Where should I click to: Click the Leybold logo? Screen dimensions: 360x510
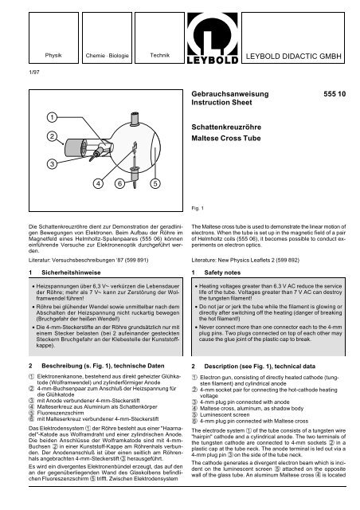pos(213,37)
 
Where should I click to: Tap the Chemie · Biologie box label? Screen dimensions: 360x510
pos(107,56)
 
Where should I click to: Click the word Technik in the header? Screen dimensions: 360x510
pos(159,55)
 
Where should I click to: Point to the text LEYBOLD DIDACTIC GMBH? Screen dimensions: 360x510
pos(293,56)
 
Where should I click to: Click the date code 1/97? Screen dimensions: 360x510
pos(34,73)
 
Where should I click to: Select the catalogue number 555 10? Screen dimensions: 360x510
pos(335,94)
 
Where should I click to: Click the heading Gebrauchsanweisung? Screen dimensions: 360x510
pos(230,94)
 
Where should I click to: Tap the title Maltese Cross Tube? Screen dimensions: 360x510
pos(226,138)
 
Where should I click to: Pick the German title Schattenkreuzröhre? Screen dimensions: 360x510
pos(226,127)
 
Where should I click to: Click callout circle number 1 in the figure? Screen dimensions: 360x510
pos(52,117)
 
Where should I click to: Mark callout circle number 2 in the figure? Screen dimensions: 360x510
pos(52,136)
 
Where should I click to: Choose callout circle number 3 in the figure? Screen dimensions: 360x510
pos(52,163)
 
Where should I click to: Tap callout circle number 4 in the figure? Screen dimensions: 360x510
pos(98,183)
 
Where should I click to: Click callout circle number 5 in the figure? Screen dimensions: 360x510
pos(155,183)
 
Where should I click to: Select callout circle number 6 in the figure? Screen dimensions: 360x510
pos(119,183)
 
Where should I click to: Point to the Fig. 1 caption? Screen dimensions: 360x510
pos(198,208)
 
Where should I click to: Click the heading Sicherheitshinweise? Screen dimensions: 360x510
pos(71,273)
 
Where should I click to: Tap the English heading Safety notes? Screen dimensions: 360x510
pos(222,273)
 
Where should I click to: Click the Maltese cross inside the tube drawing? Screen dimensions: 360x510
pos(134,147)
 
